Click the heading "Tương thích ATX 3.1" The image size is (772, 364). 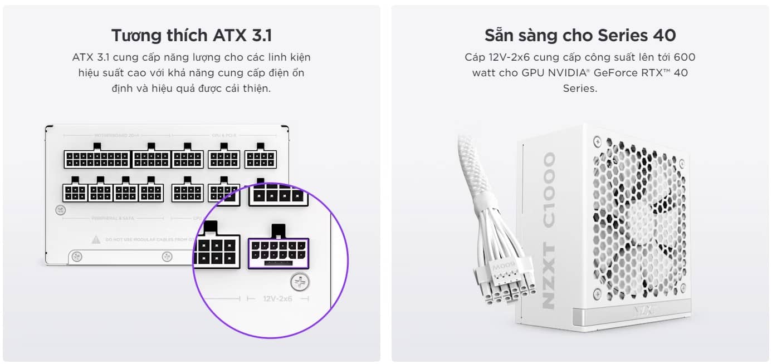[x=191, y=35]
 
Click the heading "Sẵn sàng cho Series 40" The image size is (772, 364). [x=580, y=35]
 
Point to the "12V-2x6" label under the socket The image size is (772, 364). [x=277, y=299]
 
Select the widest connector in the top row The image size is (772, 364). [x=97, y=159]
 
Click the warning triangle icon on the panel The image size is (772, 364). [x=95, y=240]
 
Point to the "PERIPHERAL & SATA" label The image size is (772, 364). [x=114, y=218]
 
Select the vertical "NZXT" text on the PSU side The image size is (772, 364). [x=549, y=279]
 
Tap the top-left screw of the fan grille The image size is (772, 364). [x=597, y=142]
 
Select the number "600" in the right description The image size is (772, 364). [x=685, y=57]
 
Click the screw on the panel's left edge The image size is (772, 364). [x=61, y=210]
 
